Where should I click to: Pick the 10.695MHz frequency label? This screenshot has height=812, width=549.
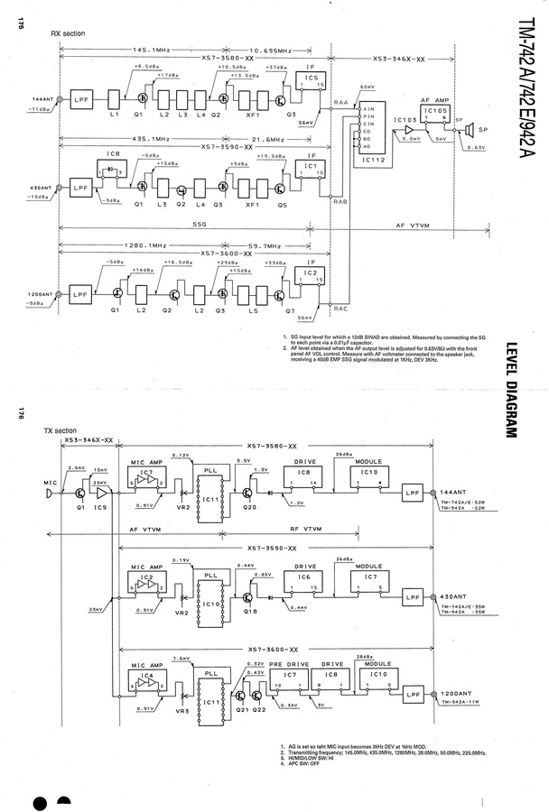(x=270, y=51)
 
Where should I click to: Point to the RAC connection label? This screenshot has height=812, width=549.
(x=340, y=309)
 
